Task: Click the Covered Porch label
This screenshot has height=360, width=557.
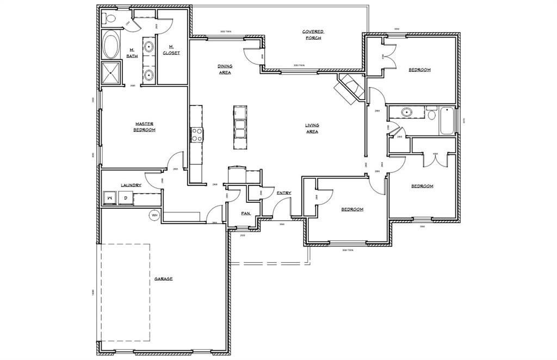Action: coord(312,35)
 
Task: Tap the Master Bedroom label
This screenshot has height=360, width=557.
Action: coord(145,127)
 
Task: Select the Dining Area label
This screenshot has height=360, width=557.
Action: coord(225,69)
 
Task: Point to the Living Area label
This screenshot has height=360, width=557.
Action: coord(312,128)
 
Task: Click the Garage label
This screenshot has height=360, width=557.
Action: coord(163,278)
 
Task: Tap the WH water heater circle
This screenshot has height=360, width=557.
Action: coord(154,215)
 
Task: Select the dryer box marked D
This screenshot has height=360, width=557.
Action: coord(125,198)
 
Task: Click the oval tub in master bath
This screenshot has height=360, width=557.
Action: coord(112,46)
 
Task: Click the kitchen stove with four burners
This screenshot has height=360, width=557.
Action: coord(196,134)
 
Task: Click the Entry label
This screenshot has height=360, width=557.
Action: coord(284,193)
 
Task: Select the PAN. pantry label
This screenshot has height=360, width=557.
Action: coord(246,214)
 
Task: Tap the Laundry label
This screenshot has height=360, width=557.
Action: coord(131,185)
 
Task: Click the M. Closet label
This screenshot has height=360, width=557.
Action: coord(171,49)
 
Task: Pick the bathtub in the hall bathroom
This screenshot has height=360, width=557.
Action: coord(447,121)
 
